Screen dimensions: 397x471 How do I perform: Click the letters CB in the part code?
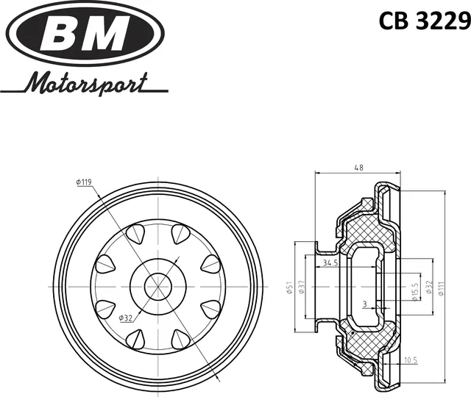point(392,22)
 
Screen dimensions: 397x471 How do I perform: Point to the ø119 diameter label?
point(82,182)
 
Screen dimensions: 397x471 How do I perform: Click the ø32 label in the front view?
point(127,318)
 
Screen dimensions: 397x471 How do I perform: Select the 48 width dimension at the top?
point(358,168)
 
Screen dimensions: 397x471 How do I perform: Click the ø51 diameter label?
point(289,287)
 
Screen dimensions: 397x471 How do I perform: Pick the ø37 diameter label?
point(302,287)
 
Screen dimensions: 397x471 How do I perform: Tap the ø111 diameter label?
point(441,287)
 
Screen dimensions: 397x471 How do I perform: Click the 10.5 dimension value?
point(411,360)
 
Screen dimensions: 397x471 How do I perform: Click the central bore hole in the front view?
point(156,285)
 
